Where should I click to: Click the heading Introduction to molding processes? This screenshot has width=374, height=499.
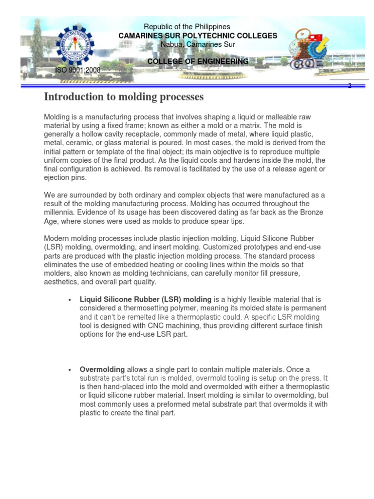point(124,97)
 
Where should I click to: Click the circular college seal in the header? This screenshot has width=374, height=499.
point(75,48)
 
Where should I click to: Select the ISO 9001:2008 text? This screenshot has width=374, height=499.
point(78,70)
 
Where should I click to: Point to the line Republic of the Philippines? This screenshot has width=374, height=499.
point(187,27)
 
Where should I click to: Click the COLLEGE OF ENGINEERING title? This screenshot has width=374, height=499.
point(198,61)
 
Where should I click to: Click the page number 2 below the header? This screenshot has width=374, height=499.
point(349,86)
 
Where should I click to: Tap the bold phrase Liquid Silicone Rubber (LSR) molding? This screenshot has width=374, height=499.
point(145,299)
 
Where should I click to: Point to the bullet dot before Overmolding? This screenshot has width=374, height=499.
point(71,370)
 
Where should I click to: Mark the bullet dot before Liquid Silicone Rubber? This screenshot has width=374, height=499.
point(71,300)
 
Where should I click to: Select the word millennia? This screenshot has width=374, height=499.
point(61,212)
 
